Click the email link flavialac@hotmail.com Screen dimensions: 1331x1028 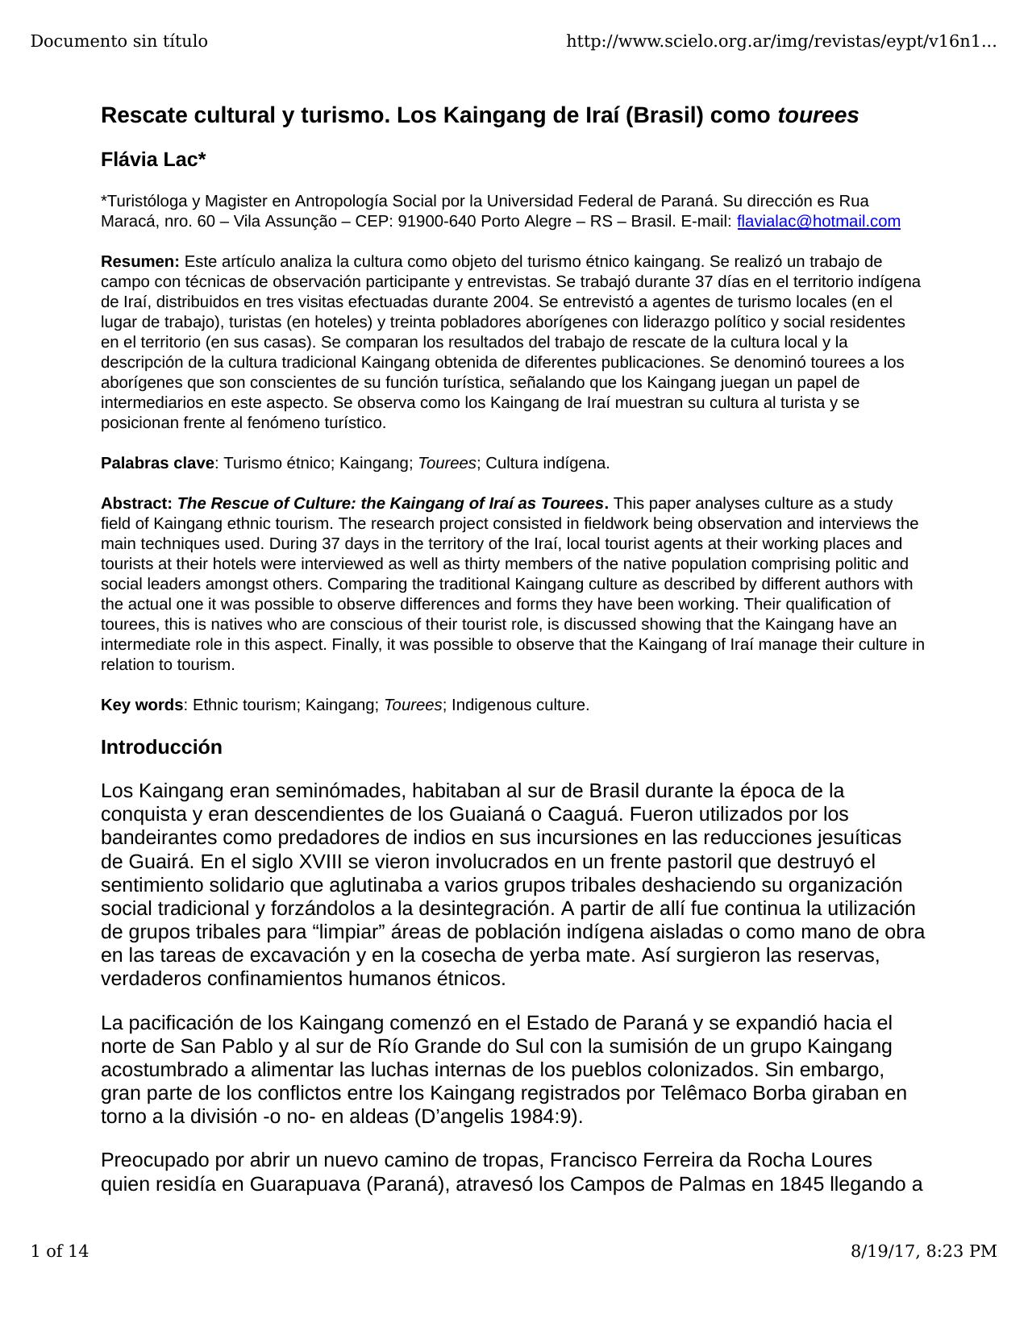click(818, 222)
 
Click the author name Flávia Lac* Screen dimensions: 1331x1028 click(153, 160)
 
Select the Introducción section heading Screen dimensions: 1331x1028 click(161, 747)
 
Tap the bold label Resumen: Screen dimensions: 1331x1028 click(140, 262)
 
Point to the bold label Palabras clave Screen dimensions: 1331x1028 click(157, 464)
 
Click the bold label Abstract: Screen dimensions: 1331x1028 click(136, 504)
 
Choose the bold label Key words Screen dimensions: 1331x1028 click(142, 705)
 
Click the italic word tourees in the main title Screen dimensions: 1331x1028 click(818, 115)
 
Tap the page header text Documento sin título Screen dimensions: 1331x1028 click(119, 41)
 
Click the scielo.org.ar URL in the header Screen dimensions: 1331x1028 click(781, 41)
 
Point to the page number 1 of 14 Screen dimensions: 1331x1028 click(60, 1251)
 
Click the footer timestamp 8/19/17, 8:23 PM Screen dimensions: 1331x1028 click(924, 1251)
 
